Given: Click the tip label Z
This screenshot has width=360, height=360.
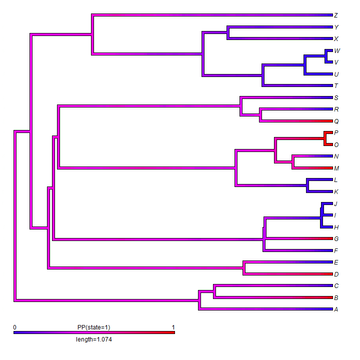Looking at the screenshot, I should tap(336, 15).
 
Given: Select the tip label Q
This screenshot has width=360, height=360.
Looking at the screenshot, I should tap(336, 121).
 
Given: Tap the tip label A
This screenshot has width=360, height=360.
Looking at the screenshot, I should tap(336, 309).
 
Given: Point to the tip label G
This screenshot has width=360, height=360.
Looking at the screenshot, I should tap(336, 239).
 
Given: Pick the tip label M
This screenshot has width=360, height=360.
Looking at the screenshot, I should tap(336, 168).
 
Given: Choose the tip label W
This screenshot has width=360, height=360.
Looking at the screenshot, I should tap(337, 51).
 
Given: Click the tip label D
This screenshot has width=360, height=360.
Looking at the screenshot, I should tap(336, 274).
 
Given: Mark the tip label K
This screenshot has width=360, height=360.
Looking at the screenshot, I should tap(336, 192).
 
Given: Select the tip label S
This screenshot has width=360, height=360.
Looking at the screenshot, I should tap(336, 98).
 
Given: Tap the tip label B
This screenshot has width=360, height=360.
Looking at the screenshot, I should tap(336, 298).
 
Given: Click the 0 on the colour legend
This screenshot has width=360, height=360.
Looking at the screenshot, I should tap(15, 327).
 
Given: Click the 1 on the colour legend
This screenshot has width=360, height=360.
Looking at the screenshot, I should tap(173, 327).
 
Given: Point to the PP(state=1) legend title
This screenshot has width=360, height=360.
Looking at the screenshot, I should tap(94, 327).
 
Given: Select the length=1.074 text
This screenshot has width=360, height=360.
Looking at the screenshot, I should tap(94, 339).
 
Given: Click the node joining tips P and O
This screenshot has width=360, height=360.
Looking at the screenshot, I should tap(325, 138).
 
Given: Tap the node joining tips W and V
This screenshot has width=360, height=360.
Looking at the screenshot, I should tap(326, 56).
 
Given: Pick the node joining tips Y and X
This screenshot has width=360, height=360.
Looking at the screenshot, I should tap(228, 33).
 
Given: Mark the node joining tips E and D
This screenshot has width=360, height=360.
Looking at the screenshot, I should tap(244, 268).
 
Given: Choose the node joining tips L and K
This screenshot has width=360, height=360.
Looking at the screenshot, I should tap(308, 185).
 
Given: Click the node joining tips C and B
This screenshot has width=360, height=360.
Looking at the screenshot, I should tap(214, 292).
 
